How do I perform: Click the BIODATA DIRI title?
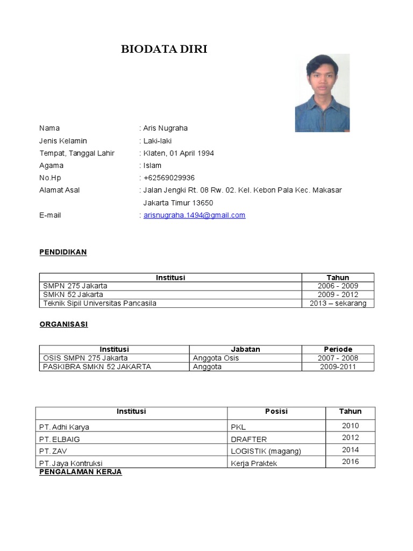(x=164, y=50)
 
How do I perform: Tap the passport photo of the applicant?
(x=322, y=93)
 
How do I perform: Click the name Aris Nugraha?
(x=166, y=128)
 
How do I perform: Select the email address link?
(x=194, y=215)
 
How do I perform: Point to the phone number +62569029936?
(x=169, y=178)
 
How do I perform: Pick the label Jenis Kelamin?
(x=63, y=141)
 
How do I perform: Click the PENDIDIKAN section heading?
(x=63, y=252)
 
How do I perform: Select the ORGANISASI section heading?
(x=63, y=324)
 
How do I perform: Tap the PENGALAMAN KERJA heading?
(x=81, y=472)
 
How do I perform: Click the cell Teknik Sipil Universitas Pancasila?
(x=99, y=303)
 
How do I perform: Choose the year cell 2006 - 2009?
(x=338, y=286)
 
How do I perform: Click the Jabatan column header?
(x=245, y=349)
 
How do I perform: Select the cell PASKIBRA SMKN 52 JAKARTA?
(x=97, y=367)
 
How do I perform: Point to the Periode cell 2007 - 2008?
(x=338, y=358)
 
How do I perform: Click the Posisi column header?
(x=276, y=412)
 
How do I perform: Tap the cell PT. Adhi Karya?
(x=64, y=427)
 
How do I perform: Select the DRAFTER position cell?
(x=248, y=439)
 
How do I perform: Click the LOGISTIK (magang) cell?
(x=266, y=451)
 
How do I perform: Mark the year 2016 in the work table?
(x=350, y=462)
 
